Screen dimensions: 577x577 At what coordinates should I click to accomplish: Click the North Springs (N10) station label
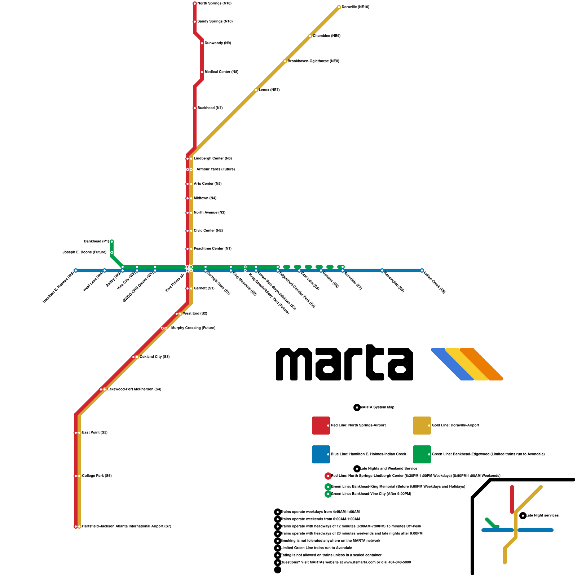(214, 4)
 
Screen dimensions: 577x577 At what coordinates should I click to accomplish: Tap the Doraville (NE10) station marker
(339, 7)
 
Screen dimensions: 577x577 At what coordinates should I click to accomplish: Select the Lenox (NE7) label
(269, 90)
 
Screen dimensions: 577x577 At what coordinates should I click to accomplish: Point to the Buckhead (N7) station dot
(195, 108)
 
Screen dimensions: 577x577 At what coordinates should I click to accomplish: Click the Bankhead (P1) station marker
(112, 242)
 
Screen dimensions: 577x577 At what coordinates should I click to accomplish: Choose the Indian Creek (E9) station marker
(422, 270)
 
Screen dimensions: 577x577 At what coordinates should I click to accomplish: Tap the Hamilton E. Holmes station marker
(75, 270)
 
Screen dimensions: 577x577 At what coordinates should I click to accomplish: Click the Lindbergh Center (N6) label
(213, 159)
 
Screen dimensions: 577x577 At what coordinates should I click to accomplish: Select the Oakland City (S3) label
(155, 357)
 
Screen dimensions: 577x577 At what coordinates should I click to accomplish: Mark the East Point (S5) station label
(95, 433)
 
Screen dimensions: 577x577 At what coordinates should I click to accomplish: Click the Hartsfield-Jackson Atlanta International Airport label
(127, 527)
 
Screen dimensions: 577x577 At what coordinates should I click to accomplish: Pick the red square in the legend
(321, 426)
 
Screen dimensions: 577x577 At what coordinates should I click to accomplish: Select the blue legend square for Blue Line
(321, 454)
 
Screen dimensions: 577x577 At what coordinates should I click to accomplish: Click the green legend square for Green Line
(422, 454)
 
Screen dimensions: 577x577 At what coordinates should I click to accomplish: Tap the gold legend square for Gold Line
(422, 426)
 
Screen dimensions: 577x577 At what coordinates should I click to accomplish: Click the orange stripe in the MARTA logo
(481, 364)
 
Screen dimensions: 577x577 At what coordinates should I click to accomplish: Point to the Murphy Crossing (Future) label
(193, 328)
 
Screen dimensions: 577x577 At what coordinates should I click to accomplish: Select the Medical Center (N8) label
(221, 72)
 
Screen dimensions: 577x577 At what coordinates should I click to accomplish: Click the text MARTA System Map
(377, 408)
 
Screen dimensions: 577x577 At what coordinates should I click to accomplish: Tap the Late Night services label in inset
(542, 516)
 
